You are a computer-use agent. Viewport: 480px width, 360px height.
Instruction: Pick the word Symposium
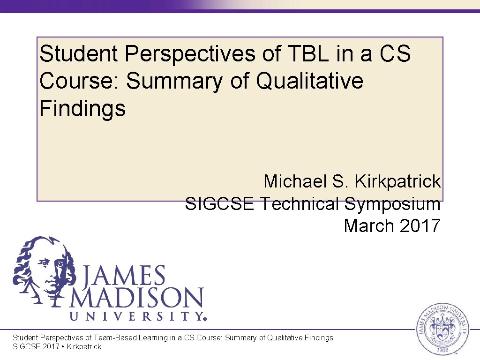tap(392, 204)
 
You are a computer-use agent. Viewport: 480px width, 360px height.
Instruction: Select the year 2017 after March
tap(420, 226)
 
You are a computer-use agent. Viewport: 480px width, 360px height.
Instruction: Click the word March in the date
tap(369, 226)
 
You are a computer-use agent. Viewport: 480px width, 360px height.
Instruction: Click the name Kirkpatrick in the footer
tap(84, 346)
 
